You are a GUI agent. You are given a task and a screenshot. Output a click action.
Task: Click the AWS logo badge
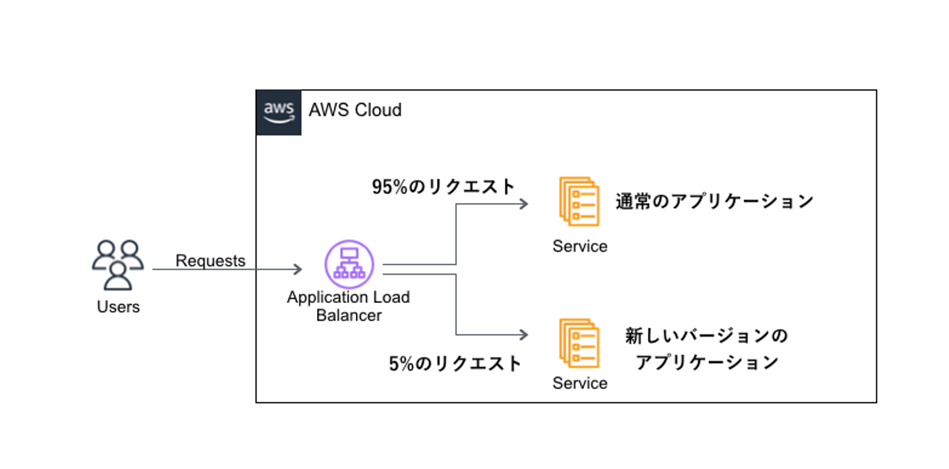279,113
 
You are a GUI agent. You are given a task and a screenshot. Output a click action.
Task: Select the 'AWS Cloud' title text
355,110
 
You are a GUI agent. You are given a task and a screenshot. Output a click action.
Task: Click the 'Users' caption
119,307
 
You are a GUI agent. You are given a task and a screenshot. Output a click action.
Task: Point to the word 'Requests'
210,261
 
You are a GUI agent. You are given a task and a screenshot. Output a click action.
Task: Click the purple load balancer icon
349,264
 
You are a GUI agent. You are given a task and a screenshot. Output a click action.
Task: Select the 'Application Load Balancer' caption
349,306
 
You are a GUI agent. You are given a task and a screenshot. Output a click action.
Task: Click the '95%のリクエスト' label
444,187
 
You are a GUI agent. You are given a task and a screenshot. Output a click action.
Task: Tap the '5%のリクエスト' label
455,363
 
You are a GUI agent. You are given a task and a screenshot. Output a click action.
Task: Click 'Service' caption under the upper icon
580,246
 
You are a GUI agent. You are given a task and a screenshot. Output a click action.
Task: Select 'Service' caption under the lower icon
580,383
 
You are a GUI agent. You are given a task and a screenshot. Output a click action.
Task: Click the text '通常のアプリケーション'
715,201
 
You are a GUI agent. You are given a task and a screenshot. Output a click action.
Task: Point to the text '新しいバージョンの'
706,337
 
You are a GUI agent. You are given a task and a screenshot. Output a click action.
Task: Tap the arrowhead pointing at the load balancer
297,269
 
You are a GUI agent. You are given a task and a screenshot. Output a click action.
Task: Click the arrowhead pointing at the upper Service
524,204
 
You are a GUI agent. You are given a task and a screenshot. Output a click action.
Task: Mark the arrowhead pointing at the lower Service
524,335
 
